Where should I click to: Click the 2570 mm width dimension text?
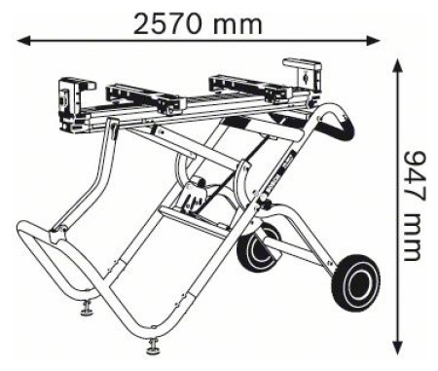point(198,23)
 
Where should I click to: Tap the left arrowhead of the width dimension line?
point(23,41)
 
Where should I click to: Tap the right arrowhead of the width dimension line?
point(373,41)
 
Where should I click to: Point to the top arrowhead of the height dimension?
point(398,65)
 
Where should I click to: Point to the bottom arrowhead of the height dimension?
point(398,348)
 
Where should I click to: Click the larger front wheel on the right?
point(355,283)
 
